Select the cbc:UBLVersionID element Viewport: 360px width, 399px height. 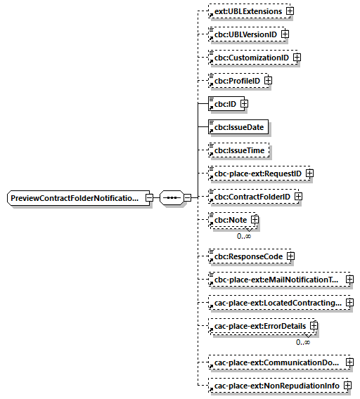[245, 34]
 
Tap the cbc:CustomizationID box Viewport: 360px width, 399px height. [251, 57]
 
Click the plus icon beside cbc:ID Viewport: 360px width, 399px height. [244, 104]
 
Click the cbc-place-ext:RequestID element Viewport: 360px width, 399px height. [257, 173]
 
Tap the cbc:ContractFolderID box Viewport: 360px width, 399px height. [251, 196]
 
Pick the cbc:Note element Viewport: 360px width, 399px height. [230, 220]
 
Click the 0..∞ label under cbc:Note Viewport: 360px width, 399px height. [244, 236]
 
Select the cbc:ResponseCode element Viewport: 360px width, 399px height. [248, 256]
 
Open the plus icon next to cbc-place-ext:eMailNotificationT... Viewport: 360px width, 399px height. [349, 280]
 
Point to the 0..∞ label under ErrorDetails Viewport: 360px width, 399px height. [304, 342]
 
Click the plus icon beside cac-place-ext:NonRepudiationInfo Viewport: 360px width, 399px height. [347, 386]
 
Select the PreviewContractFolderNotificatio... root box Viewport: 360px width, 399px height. [76, 198]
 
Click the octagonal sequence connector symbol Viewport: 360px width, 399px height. [171, 198]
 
